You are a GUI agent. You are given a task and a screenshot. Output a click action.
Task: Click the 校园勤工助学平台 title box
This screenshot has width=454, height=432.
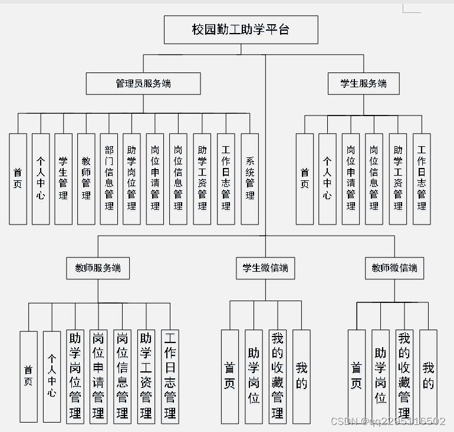[x=241, y=29]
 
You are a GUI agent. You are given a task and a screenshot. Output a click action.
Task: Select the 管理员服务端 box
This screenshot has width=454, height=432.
[x=143, y=84]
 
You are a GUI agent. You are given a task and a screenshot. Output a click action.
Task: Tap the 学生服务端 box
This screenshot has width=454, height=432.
[x=363, y=84]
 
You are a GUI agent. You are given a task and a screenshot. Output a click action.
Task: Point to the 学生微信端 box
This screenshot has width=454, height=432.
[x=265, y=268]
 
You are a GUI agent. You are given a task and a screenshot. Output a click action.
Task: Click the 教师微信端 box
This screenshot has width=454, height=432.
[x=394, y=268]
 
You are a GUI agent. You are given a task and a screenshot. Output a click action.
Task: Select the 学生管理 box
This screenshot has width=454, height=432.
[x=63, y=179]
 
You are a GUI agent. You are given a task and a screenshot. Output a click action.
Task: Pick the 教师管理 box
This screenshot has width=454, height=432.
[x=86, y=179]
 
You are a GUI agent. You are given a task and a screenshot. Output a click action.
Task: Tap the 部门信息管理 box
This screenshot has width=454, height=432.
[x=109, y=179]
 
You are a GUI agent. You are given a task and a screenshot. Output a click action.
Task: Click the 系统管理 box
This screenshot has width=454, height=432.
[x=250, y=179]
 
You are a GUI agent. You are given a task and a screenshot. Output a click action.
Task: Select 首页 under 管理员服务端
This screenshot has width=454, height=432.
[x=18, y=179]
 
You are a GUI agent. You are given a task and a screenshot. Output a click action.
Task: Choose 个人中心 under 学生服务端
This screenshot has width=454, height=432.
[x=327, y=179]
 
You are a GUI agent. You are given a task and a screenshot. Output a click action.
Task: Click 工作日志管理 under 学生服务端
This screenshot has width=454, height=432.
[x=422, y=179]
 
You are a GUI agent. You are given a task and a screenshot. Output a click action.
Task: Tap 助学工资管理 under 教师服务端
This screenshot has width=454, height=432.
[x=146, y=376]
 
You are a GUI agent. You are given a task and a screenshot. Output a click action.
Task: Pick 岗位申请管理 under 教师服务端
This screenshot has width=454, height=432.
[x=98, y=376]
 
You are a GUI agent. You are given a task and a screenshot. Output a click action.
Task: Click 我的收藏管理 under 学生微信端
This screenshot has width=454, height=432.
[x=277, y=376]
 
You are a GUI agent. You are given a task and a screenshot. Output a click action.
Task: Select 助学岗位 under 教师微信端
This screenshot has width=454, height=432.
[x=380, y=376]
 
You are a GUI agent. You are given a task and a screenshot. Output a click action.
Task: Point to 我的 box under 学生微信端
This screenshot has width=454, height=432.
[x=301, y=376]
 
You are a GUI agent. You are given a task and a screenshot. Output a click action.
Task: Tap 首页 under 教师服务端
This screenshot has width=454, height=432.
[x=28, y=376]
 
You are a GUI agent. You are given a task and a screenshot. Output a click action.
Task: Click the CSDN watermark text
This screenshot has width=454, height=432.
[x=388, y=421]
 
